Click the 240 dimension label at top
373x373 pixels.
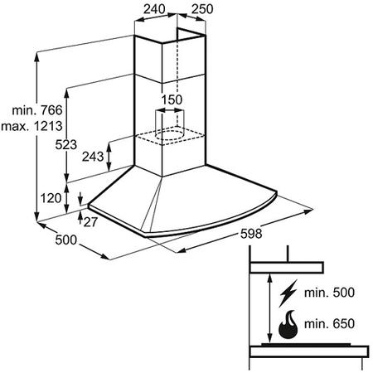(x=154, y=9)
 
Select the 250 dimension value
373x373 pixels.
(x=202, y=9)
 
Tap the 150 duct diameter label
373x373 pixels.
(x=172, y=99)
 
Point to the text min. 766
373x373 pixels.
(x=37, y=110)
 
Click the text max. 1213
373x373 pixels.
(x=31, y=126)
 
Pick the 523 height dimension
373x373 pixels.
(x=66, y=144)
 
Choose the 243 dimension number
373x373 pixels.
(x=93, y=157)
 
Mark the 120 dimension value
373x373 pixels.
(x=51, y=198)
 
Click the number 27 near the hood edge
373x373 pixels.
(x=90, y=222)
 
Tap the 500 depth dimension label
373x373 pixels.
(x=66, y=240)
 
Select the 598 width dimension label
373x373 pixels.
(x=251, y=234)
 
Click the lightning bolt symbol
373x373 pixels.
(x=288, y=293)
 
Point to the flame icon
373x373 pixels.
(x=288, y=325)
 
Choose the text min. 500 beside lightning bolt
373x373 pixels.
(x=329, y=293)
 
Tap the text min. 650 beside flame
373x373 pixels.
(x=329, y=324)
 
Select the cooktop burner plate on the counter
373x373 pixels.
(x=306, y=345)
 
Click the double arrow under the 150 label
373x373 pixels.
(x=169, y=110)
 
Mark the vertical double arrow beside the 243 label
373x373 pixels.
(x=109, y=157)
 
